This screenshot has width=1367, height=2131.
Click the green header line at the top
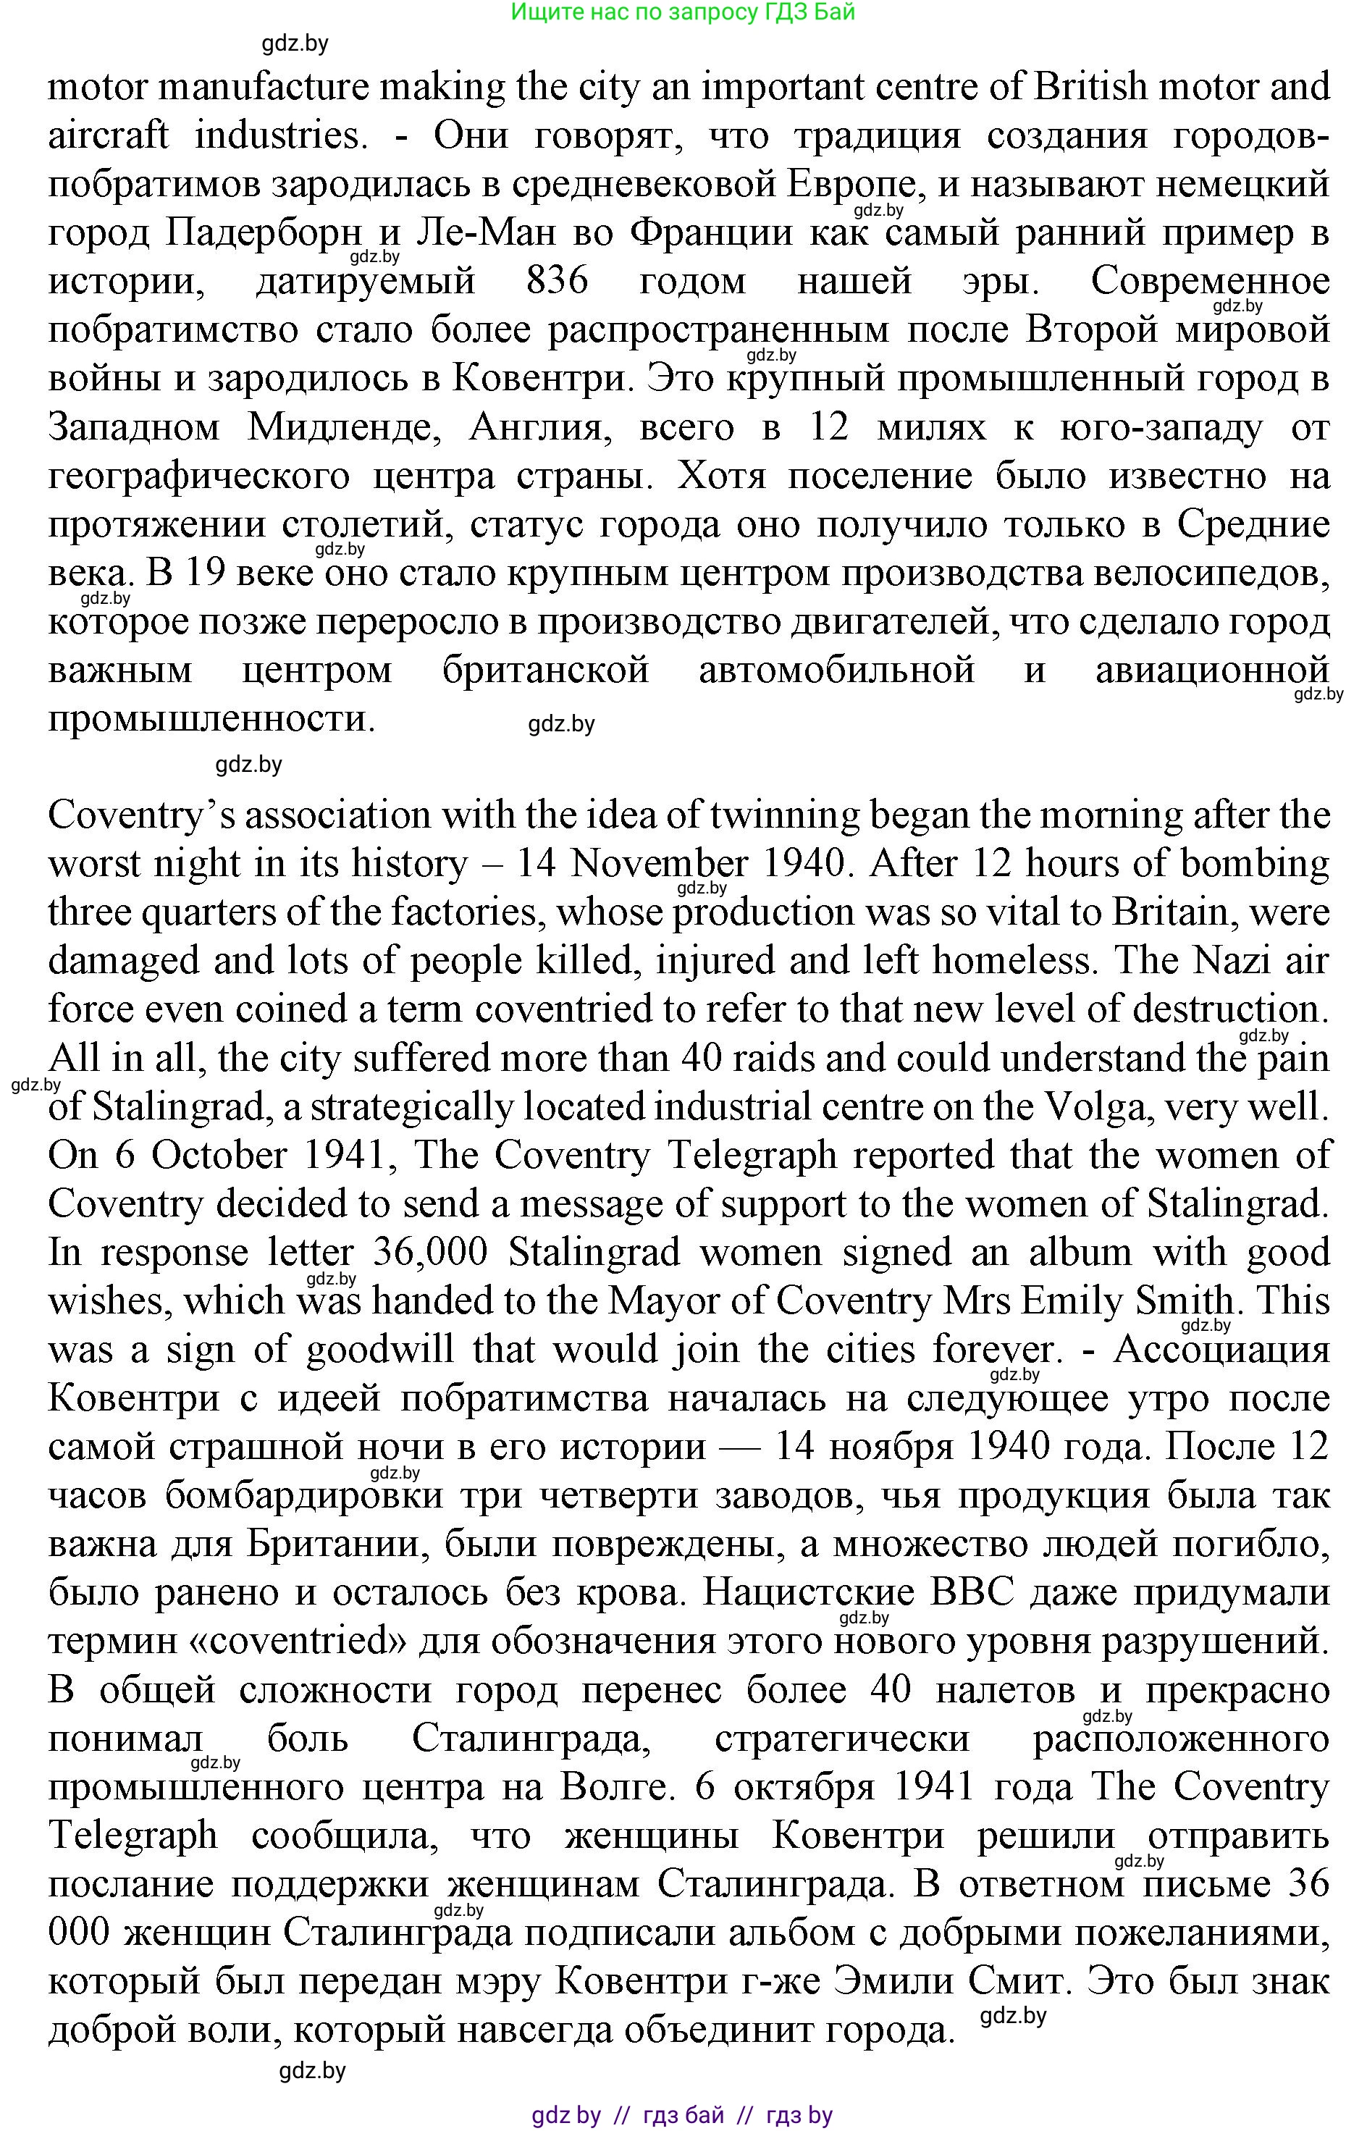coord(683,12)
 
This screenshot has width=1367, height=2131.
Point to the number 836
coord(557,282)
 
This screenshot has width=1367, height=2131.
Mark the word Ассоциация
coord(1221,1349)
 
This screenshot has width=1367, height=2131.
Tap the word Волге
coord(613,1786)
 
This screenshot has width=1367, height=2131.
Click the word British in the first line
coord(1091,87)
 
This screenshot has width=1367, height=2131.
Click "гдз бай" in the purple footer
coord(683,2115)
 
